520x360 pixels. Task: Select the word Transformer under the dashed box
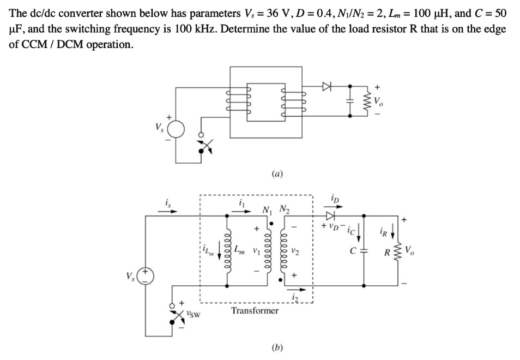pos(255,310)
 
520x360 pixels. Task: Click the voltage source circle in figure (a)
pos(176,129)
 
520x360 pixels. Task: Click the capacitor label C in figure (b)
pos(354,252)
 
